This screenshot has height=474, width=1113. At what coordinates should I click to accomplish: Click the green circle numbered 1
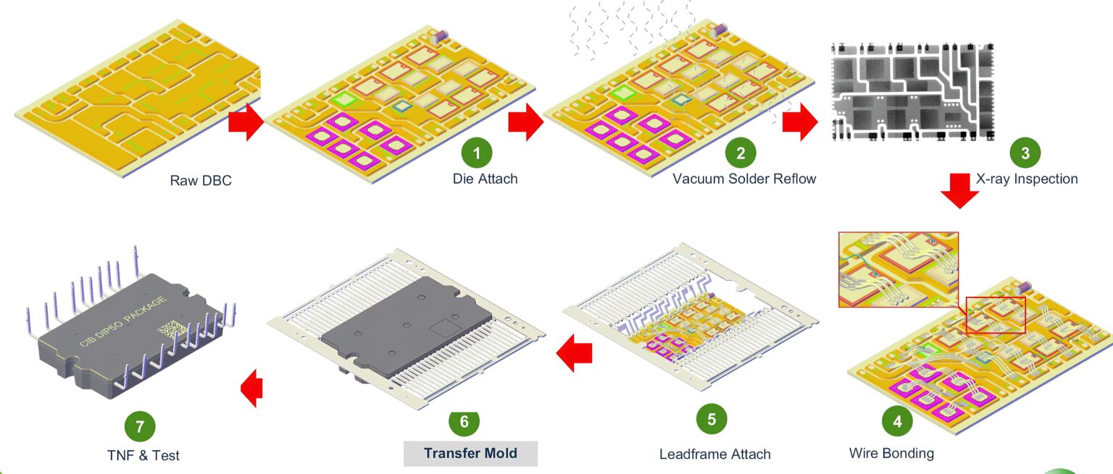pos(477,153)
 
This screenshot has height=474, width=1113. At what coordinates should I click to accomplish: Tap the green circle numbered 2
pos(741,153)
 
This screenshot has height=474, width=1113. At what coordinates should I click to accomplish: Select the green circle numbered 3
pos(1025,153)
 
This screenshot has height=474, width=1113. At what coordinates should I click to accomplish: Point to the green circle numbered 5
pos(712,419)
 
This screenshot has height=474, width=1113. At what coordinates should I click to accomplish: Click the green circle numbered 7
pos(140,426)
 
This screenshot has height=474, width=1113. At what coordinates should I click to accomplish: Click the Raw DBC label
pos(201,180)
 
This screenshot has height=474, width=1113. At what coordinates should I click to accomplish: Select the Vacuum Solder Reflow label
pos(744,178)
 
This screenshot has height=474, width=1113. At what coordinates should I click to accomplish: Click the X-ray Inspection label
pos(1027,178)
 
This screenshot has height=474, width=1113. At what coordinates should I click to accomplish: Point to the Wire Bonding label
pos(891,454)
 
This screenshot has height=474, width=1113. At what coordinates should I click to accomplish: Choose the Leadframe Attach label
pos(714,454)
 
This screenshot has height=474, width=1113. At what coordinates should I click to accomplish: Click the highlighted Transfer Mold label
pos(470,453)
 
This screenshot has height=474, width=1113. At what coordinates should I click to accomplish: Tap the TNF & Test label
pos(143,455)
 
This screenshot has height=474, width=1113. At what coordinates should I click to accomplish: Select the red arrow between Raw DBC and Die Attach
pos(246,122)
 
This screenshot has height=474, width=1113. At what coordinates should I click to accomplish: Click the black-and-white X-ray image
pos(911,90)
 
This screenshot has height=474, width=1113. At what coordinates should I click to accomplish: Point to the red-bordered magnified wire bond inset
pos(898,268)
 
